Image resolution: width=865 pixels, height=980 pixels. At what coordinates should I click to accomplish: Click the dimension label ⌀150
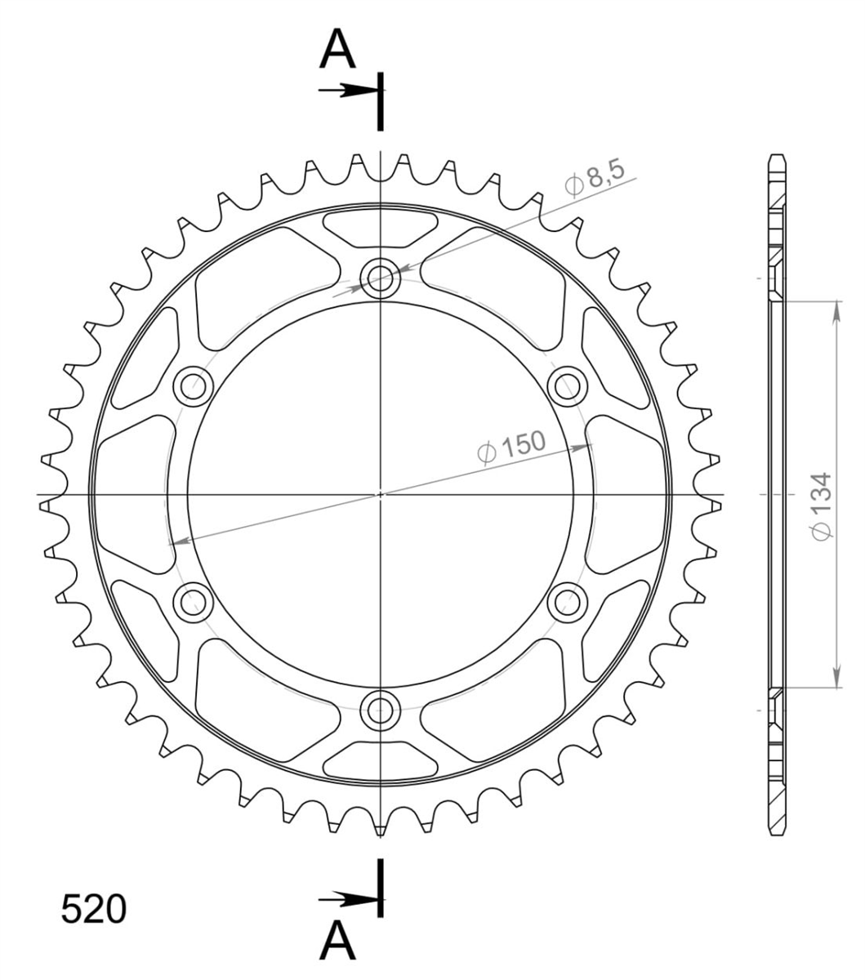click(511, 446)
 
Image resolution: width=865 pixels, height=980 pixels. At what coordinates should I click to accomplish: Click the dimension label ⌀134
click(822, 506)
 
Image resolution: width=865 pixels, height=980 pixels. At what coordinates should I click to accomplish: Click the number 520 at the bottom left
click(93, 909)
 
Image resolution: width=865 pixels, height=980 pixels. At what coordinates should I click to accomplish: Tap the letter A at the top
click(337, 48)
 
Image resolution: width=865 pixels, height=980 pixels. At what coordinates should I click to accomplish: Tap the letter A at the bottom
click(337, 939)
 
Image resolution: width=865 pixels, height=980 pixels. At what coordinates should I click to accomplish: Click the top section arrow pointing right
click(348, 90)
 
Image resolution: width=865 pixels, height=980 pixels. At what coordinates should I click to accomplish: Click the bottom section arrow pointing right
click(348, 900)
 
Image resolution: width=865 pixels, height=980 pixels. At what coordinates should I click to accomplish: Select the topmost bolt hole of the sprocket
click(381, 278)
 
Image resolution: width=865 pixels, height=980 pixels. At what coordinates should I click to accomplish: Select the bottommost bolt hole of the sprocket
click(381, 710)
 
